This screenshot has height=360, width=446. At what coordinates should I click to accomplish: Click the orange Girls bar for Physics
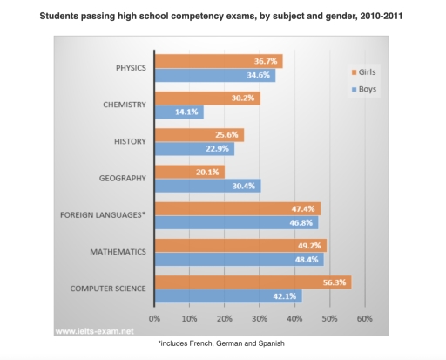coord(218,62)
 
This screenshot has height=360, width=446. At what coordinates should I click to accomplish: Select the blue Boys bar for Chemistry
coord(179,112)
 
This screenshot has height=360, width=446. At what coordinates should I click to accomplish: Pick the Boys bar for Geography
coord(207,186)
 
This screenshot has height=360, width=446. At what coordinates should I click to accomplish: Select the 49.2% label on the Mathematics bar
coord(308,246)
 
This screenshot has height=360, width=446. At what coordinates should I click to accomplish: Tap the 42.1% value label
coord(287,295)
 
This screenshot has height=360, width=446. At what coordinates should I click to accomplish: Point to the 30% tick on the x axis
coord(260,318)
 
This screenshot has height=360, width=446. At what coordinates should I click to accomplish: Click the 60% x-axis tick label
coord(364,318)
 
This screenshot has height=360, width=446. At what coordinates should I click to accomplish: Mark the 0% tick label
coord(155,318)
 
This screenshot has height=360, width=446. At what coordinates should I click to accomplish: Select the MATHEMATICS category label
coord(118,253)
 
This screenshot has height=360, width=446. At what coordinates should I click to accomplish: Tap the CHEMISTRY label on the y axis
coord(123,105)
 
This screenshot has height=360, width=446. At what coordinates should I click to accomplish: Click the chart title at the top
coord(222,17)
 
